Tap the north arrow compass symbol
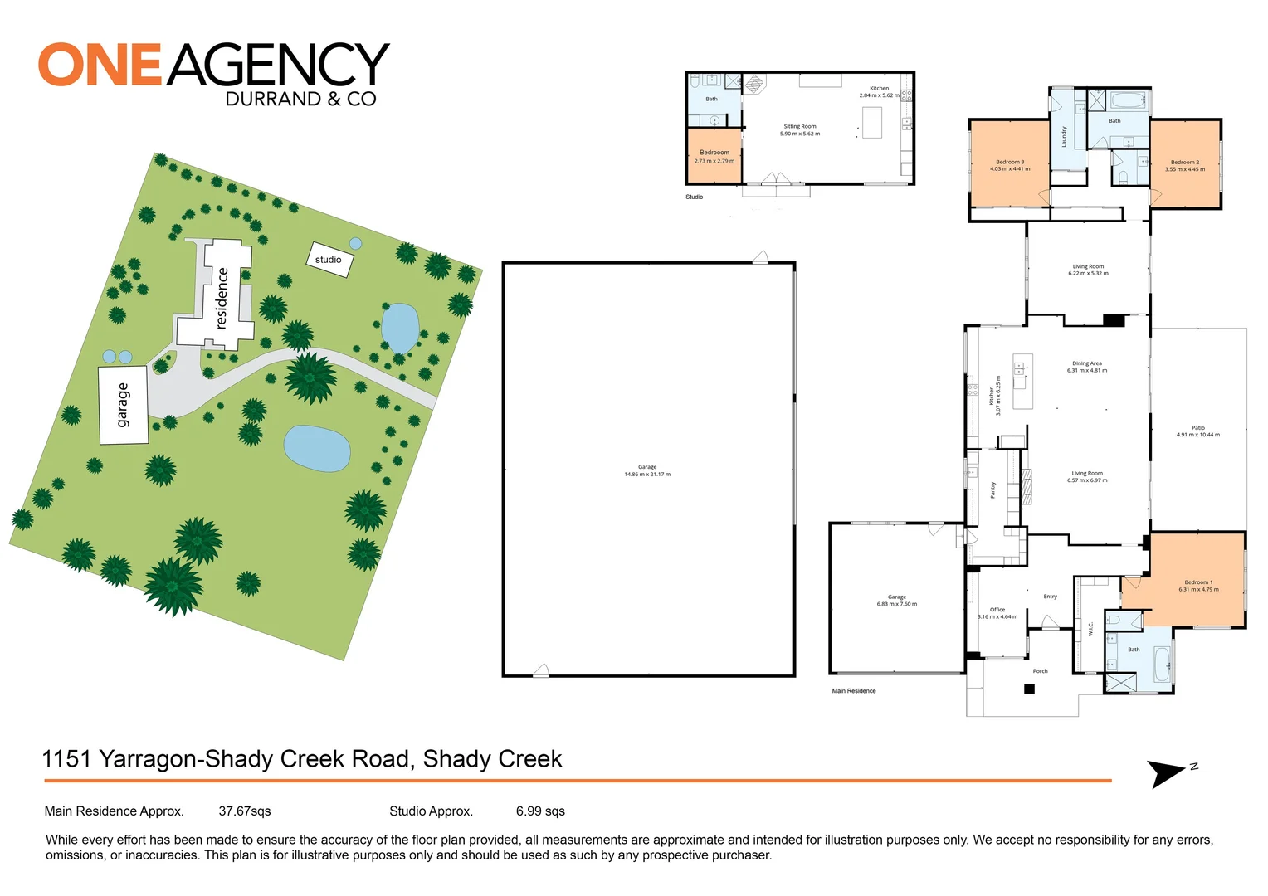click(x=1168, y=773)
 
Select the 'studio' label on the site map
click(x=329, y=260)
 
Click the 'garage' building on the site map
click(x=124, y=405)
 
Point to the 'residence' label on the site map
click(x=222, y=298)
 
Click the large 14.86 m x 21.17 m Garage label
click(x=647, y=470)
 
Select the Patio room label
click(x=1197, y=431)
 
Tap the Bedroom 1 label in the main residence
click(x=1198, y=586)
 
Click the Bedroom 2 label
click(x=1184, y=165)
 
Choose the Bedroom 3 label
click(x=1010, y=165)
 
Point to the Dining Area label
click(x=1086, y=367)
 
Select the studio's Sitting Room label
click(x=800, y=129)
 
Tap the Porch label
click(x=1040, y=671)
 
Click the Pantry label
click(x=992, y=490)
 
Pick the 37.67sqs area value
click(x=245, y=811)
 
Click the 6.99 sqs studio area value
click(x=540, y=811)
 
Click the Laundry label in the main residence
click(x=1064, y=137)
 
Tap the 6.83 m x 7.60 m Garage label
click(x=897, y=600)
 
